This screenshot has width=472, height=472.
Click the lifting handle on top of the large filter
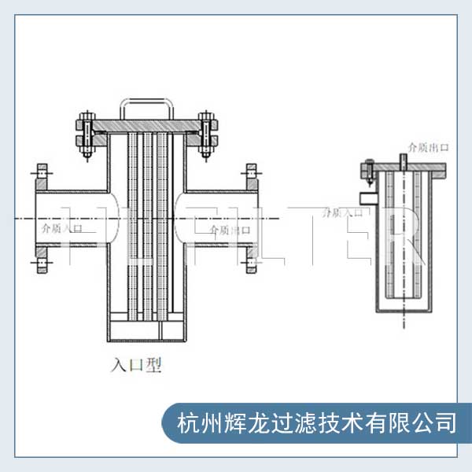(146, 102)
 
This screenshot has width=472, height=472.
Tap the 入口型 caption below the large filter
(136, 365)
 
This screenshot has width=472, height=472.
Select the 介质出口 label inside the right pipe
(229, 229)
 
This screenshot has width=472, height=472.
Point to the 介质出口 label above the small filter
(428, 146)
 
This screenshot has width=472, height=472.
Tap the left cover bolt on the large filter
(87, 134)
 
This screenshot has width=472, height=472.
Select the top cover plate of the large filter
(146, 125)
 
